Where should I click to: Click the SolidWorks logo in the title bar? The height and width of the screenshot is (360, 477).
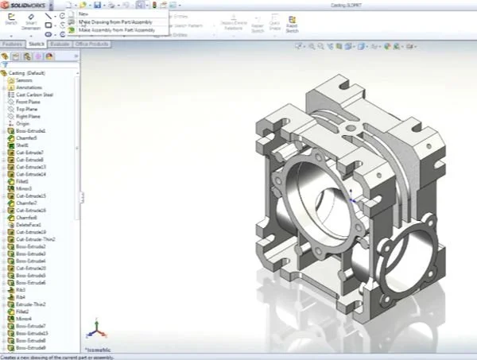(24, 5)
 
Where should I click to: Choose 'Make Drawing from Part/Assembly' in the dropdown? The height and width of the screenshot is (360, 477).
(114, 21)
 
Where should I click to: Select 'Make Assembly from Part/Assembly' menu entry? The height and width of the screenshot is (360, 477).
(116, 29)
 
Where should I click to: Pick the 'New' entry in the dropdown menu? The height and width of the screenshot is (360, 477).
(83, 14)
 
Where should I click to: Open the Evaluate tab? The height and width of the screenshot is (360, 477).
(60, 45)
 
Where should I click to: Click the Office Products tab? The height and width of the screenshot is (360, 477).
(91, 45)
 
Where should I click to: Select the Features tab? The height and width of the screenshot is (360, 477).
(12, 45)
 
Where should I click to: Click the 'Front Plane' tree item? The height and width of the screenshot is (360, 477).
(29, 102)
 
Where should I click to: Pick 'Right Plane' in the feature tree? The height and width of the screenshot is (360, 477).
(28, 116)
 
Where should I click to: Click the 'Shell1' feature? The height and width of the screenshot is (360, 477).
(22, 145)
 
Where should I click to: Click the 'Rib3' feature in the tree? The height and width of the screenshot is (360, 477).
(21, 290)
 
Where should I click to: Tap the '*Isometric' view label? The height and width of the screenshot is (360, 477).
(99, 348)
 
